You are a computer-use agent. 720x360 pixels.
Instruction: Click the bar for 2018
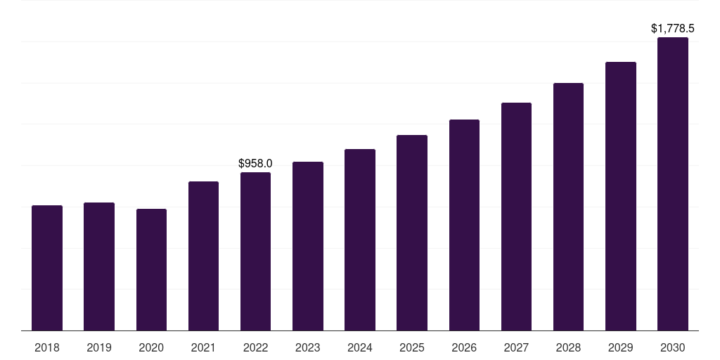pyautogui.click(x=47, y=268)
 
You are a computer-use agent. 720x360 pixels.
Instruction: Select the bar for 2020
pyautogui.click(x=151, y=270)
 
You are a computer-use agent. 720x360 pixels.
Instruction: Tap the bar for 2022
pyautogui.click(x=255, y=252)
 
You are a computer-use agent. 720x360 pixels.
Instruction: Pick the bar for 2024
pyautogui.click(x=360, y=240)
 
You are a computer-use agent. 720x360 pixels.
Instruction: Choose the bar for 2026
pyautogui.click(x=464, y=225)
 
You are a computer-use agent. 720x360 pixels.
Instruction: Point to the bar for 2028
pyautogui.click(x=568, y=207)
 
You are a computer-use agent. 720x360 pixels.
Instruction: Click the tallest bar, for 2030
pyautogui.click(x=672, y=184)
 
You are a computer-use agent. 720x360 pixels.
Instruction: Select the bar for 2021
pyautogui.click(x=203, y=256)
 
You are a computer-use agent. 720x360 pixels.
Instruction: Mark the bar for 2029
pyautogui.click(x=620, y=196)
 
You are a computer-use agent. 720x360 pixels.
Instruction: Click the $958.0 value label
pyautogui.click(x=255, y=163)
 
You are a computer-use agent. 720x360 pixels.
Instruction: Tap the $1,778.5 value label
pyautogui.click(x=672, y=29)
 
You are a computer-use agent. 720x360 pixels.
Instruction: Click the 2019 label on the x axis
pyautogui.click(x=99, y=347)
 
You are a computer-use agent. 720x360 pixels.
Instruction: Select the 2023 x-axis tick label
pyautogui.click(x=307, y=347)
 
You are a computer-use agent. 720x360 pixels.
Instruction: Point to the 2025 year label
pyautogui.click(x=412, y=347)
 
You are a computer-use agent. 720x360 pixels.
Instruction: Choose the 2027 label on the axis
pyautogui.click(x=516, y=347)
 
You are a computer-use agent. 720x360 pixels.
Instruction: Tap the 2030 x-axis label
pyautogui.click(x=672, y=347)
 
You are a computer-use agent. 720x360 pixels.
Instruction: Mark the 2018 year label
pyautogui.click(x=47, y=347)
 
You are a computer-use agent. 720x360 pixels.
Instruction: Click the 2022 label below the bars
pyautogui.click(x=255, y=347)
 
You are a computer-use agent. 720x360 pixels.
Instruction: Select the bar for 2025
pyautogui.click(x=412, y=233)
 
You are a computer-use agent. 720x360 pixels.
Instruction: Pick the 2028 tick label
pyautogui.click(x=568, y=347)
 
